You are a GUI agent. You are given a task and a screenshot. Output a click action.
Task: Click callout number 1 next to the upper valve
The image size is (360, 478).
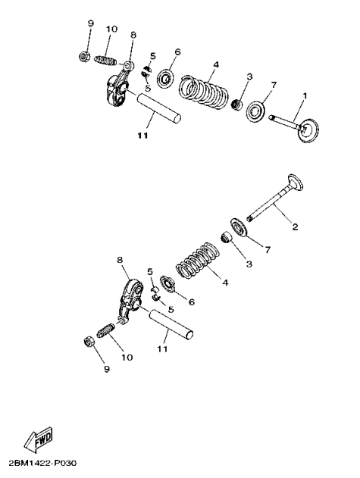(305, 96)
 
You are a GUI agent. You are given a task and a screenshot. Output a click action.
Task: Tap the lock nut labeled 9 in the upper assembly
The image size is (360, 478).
(83, 55)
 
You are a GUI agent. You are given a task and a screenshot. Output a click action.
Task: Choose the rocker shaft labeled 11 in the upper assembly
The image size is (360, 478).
(158, 108)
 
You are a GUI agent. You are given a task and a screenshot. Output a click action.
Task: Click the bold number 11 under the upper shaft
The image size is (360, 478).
(142, 137)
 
